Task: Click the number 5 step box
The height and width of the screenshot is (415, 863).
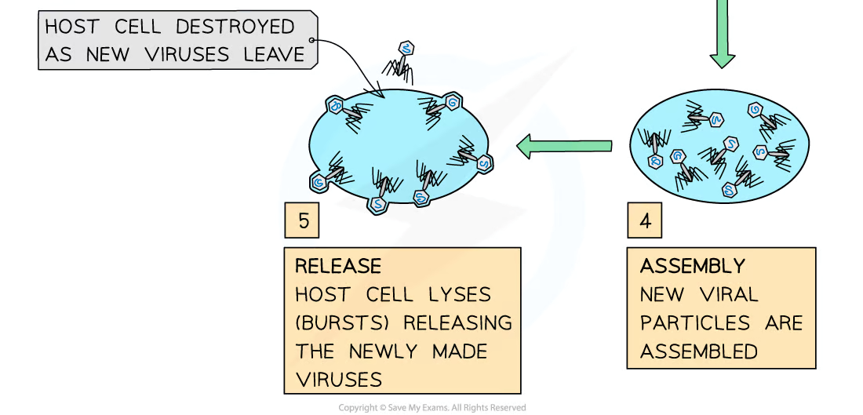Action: click(304, 220)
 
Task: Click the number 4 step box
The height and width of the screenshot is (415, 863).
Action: click(645, 220)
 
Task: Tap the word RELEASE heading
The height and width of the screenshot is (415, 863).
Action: click(338, 266)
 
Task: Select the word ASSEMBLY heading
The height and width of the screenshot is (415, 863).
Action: click(692, 266)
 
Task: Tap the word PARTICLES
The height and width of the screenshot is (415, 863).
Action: click(690, 323)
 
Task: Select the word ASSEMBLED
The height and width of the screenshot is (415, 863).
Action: click(699, 351)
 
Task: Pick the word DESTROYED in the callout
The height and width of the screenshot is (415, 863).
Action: click(235, 26)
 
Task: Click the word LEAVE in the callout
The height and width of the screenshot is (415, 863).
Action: click(274, 54)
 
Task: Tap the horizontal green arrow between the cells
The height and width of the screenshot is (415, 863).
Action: click(564, 146)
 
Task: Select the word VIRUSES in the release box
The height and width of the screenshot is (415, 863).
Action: click(339, 380)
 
